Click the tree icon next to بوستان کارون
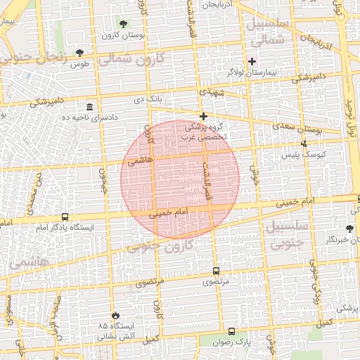pyautogui.click(x=124, y=24)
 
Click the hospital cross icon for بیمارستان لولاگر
pyautogui.click(x=252, y=61)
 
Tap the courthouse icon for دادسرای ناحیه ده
pyautogui.click(x=89, y=107)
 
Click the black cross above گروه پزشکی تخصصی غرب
pyautogui.click(x=204, y=116)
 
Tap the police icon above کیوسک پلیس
pyautogui.click(x=304, y=143)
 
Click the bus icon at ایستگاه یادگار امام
pyautogui.click(x=65, y=217)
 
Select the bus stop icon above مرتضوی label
pyautogui.click(x=216, y=271)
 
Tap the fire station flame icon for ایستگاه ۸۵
pyautogui.click(x=116, y=316)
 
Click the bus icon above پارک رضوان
pyautogui.click(x=231, y=331)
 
